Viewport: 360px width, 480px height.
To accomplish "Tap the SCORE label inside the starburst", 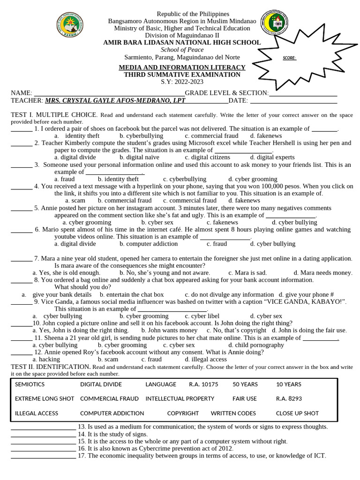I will [x=290, y=59].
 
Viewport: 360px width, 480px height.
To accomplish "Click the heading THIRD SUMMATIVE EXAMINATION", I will [x=182, y=75].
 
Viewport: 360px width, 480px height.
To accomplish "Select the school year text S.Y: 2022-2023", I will [x=182, y=82].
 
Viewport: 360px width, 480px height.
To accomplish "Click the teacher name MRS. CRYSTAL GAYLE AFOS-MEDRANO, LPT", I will [x=115, y=101].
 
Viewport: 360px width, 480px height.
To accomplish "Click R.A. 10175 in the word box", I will [x=203, y=384].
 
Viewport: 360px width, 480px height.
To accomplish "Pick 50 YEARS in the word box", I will [x=245, y=384].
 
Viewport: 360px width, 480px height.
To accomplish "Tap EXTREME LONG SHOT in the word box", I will [x=45, y=399].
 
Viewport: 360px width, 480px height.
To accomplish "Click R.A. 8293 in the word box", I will [x=289, y=399].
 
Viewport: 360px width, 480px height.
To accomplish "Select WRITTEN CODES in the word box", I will [x=233, y=413].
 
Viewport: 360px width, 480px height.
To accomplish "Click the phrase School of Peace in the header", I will [x=182, y=50].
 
